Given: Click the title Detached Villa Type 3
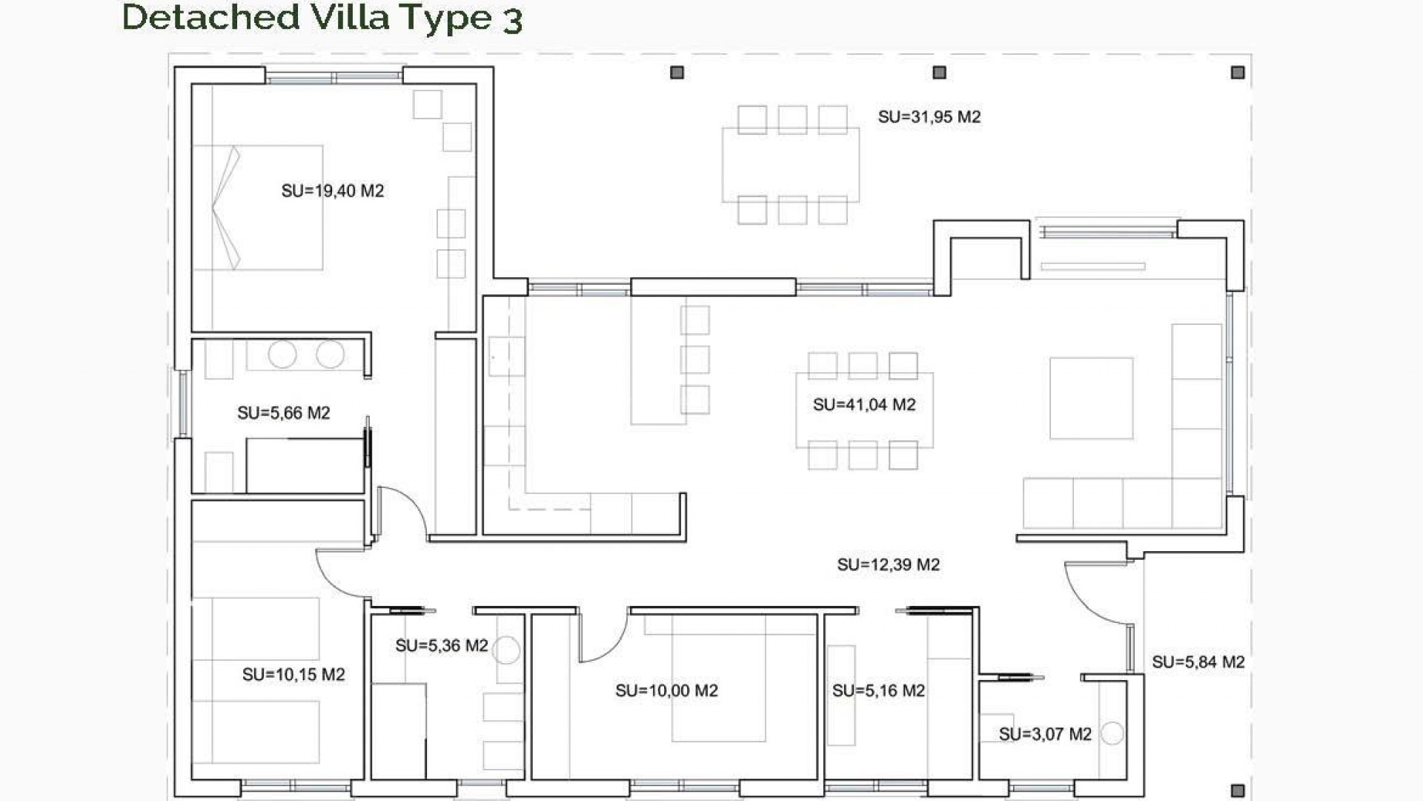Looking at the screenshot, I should tap(322, 18).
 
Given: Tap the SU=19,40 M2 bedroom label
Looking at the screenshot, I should tap(333, 191).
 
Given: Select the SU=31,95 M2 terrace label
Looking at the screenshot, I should tap(929, 116).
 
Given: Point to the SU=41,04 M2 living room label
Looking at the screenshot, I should tap(864, 404).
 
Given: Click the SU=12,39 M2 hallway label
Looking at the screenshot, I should tap(888, 564).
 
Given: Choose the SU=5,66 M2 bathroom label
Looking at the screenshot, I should tap(283, 412).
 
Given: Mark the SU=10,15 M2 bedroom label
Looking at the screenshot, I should tap(293, 674).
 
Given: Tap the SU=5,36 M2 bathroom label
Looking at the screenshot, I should tap(441, 645).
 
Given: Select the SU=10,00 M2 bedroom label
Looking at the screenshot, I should tap(666, 690).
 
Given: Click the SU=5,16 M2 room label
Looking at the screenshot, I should tap(878, 690).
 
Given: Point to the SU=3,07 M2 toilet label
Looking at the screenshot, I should tap(1044, 734).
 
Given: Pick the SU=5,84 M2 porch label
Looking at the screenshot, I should tap(1198, 662).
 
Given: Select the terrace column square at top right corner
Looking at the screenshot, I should tap(1237, 73).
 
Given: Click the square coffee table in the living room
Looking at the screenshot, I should tap(1091, 398).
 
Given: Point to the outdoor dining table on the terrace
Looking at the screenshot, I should tap(791, 165).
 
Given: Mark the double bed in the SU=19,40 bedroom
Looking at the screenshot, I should tap(258, 208).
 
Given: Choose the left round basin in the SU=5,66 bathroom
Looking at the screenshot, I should tap(282, 355).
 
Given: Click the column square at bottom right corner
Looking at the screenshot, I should tap(1237, 790).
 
